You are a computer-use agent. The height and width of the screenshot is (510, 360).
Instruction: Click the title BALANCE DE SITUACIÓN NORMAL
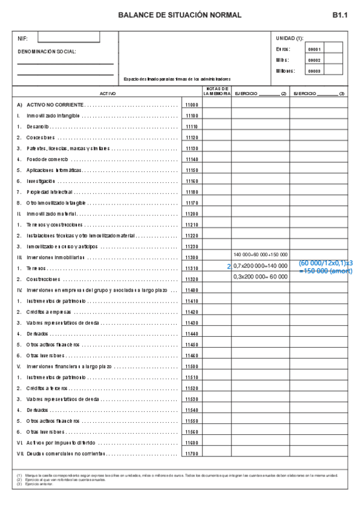180,15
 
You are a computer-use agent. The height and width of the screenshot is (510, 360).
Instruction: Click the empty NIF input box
69,38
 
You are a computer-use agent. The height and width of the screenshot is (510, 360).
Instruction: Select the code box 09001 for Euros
314,49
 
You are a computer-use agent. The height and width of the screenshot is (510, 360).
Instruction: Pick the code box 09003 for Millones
314,71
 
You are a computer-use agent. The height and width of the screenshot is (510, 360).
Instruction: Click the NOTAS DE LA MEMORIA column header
216,91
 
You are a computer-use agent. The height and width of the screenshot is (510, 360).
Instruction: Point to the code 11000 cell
192,105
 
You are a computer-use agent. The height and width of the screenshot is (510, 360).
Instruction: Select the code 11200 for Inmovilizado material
192,214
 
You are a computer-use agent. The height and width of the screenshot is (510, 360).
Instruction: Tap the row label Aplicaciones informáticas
53,170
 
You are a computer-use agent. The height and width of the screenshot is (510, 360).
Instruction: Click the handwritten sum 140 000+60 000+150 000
260,254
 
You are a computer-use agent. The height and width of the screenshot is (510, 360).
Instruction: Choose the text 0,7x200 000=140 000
260,265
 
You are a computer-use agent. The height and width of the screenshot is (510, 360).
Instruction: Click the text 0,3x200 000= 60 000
260,277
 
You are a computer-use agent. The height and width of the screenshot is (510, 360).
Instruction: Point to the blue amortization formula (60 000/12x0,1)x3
325,263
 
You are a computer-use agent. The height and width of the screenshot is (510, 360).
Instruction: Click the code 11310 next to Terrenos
192,268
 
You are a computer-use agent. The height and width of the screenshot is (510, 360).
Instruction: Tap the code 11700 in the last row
192,453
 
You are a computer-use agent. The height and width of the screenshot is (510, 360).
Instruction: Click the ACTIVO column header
108,94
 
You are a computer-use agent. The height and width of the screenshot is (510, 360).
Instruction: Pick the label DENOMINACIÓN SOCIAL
47,51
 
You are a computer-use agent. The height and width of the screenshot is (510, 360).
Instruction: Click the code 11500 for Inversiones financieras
192,366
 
